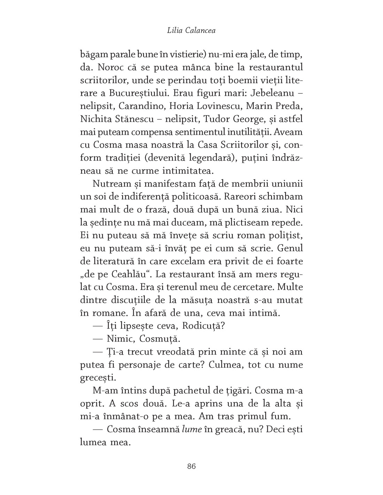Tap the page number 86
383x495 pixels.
tap(191, 466)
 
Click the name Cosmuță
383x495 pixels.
tap(164, 339)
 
